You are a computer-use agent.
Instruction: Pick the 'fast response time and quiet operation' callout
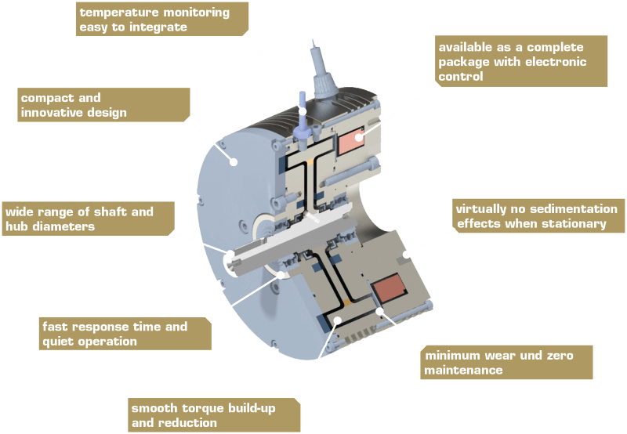(124, 334)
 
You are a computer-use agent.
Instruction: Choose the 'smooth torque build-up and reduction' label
(213, 415)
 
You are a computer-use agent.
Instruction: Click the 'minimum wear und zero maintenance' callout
(506, 363)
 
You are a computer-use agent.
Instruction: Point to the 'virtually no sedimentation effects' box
(538, 216)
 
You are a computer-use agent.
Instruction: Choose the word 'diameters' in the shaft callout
(62, 227)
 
